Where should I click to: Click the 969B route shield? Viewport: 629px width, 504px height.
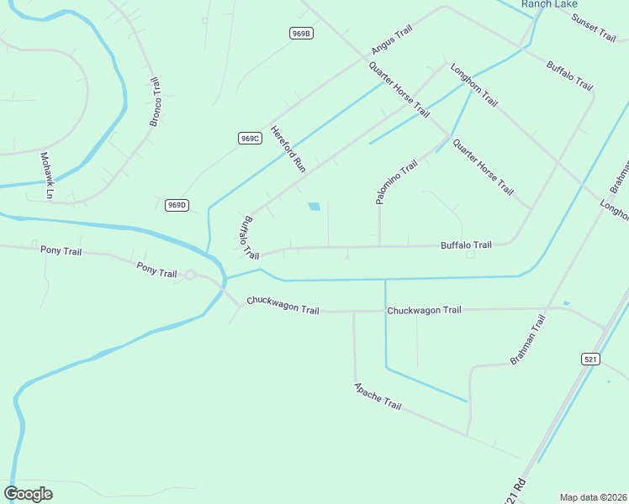301,34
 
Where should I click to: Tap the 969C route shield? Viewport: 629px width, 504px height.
249,138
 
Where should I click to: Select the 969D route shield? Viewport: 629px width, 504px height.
177,205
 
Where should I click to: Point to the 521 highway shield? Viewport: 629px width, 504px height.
590,359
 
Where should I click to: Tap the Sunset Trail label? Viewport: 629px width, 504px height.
594,28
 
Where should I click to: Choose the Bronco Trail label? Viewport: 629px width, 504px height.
155,102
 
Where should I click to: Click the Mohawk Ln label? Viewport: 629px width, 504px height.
48,176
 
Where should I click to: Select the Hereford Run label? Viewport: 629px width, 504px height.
288,150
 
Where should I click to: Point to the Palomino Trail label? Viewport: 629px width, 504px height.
396,182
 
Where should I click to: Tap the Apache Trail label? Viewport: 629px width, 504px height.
378,396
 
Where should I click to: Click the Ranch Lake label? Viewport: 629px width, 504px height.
549,4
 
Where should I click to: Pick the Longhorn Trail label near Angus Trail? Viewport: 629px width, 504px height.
475,85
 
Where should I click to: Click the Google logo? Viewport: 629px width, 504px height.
28,494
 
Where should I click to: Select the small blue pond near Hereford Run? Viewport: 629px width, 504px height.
314,206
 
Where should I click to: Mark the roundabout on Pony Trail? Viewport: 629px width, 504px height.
191,275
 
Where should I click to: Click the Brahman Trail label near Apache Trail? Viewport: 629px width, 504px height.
528,339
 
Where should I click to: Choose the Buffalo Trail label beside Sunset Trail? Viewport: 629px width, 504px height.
570,76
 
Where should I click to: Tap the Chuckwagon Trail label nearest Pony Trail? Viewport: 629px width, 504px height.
283,305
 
